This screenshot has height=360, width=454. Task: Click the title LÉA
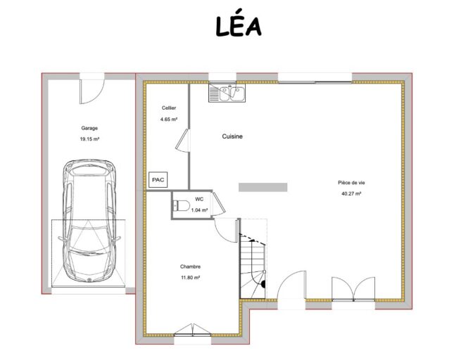tap(239, 26)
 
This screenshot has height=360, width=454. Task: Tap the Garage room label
tap(89, 128)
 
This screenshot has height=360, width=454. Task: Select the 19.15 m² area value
tap(89, 139)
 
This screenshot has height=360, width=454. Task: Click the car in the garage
tap(89, 221)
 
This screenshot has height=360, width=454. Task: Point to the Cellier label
tap(169, 108)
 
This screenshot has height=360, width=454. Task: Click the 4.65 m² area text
tap(169, 119)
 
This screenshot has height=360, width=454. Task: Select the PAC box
tap(158, 179)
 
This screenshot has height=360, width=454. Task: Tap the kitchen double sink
tap(227, 93)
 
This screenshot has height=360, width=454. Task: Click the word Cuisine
tap(232, 136)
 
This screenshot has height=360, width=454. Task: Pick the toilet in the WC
tap(182, 205)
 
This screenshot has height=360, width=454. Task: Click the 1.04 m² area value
tap(199, 210)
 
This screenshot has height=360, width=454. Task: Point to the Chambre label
tap(190, 266)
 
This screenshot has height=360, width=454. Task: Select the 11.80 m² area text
tap(191, 278)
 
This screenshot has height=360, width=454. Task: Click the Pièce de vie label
tap(351, 183)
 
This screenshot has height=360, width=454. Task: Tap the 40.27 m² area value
tap(351, 194)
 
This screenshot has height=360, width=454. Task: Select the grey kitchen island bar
tap(263, 187)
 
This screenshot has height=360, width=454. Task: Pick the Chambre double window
tap(193, 330)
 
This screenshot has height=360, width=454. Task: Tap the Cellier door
tap(182, 140)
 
